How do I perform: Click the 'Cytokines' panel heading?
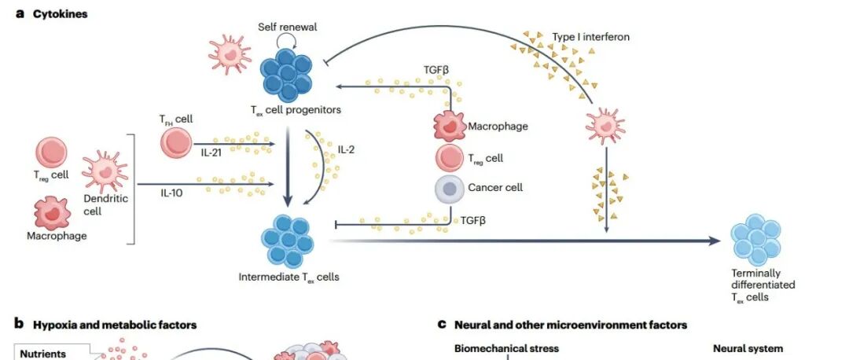pos(60,14)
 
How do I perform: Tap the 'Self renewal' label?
pos(288,27)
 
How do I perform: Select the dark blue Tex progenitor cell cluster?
pos(288,73)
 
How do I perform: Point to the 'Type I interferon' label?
pos(590,37)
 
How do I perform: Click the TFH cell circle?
pos(176,144)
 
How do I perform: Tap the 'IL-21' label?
pos(211,154)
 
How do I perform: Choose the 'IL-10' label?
pos(172,193)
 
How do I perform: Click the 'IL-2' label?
pos(346,149)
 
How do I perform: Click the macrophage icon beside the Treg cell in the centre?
pos(450,127)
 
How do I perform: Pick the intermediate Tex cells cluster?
pos(288,240)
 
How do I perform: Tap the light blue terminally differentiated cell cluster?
pos(757,239)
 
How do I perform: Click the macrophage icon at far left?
pos(53,213)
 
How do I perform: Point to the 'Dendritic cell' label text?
pos(105,204)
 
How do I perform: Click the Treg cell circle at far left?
pos(52,152)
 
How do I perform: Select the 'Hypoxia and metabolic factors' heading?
pos(115,325)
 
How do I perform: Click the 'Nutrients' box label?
pos(42,354)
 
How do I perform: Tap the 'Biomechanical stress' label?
pos(506,349)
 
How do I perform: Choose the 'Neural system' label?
pos(748,349)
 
